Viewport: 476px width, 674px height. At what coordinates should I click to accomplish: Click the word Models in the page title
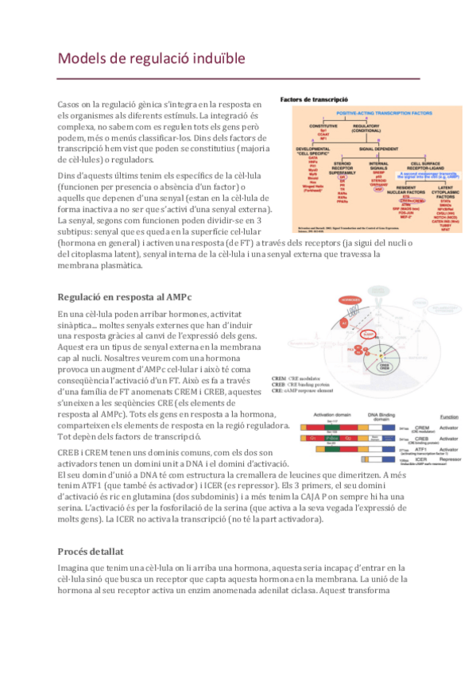coord(84,59)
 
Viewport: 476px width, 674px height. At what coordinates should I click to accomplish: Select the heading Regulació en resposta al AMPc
coord(125,296)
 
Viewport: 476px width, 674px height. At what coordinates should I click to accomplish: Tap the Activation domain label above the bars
coord(327,415)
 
